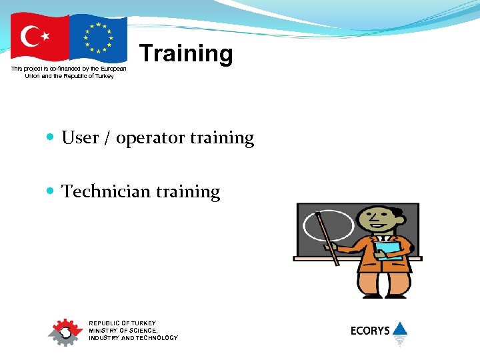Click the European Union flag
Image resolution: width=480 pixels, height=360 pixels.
(x=98, y=37)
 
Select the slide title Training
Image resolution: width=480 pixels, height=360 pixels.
(x=186, y=53)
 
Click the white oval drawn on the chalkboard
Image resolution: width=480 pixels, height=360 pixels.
(x=328, y=225)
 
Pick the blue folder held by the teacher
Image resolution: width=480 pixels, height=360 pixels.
(x=388, y=250)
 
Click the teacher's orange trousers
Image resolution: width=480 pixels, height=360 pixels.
(x=383, y=283)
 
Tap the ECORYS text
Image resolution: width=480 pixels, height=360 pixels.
(x=370, y=331)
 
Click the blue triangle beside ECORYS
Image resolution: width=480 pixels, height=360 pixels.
(x=399, y=328)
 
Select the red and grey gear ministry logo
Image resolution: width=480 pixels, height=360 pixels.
(x=65, y=331)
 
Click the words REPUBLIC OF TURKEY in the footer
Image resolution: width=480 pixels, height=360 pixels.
(x=123, y=323)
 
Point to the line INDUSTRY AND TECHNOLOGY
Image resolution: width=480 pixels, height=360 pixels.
(x=133, y=338)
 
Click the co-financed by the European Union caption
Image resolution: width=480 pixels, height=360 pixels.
(x=69, y=72)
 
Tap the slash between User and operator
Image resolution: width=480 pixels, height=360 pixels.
(x=107, y=139)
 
